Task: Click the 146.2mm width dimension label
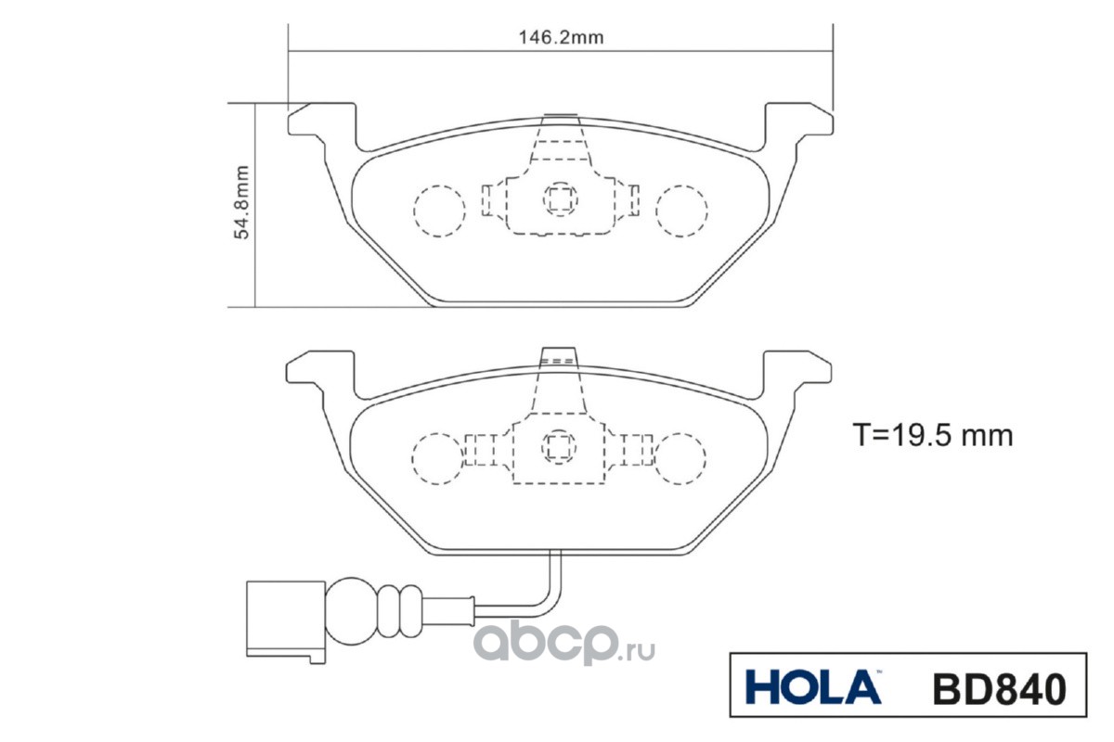point(561,38)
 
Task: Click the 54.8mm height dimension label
point(242,204)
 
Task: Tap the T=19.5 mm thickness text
point(932,434)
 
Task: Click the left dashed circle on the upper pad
point(438,211)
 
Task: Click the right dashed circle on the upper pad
point(680,211)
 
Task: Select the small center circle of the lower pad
point(559,446)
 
